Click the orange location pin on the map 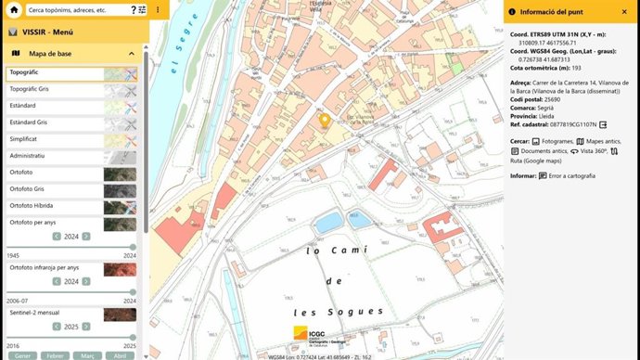[x=325, y=121]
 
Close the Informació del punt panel [x=628, y=11]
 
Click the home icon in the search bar [x=14, y=10]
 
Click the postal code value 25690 [x=554, y=99]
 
